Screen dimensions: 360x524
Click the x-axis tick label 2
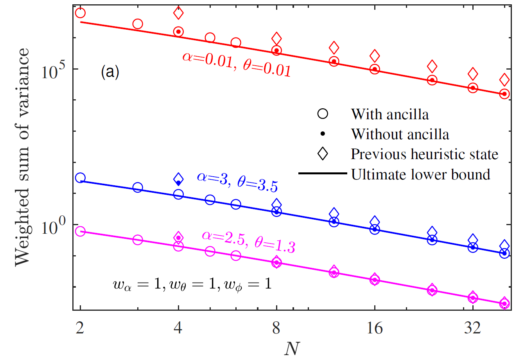[x=80, y=328]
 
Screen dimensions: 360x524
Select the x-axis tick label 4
[x=178, y=328]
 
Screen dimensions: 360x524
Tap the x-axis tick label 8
[x=276, y=328]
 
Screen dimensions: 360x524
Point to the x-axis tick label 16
[x=375, y=328]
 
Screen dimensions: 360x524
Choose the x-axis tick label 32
[x=473, y=328]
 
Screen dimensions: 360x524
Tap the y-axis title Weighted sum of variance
[x=22, y=157]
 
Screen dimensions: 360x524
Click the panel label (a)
[x=109, y=72]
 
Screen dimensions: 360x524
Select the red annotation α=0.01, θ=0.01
[x=237, y=63]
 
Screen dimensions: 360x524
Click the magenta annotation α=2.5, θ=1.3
[x=248, y=240]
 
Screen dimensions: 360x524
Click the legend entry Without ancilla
[x=400, y=134]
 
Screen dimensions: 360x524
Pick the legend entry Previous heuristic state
[x=424, y=154]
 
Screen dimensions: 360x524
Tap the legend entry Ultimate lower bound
[x=420, y=174]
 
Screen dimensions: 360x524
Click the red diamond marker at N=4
[x=178, y=13]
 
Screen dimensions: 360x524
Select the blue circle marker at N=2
[x=80, y=178]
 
